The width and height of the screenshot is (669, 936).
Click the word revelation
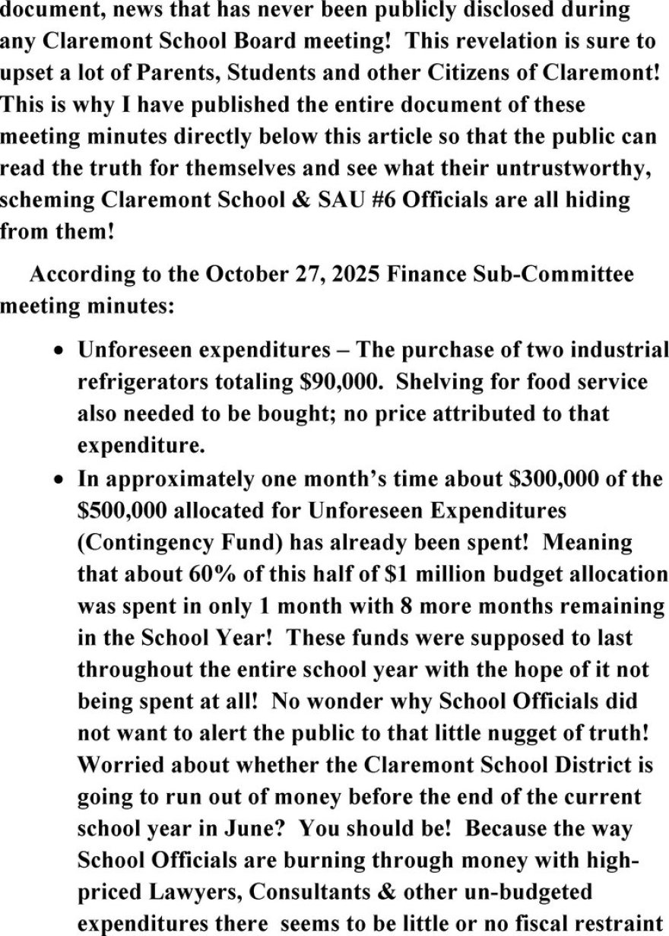[466, 42]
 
